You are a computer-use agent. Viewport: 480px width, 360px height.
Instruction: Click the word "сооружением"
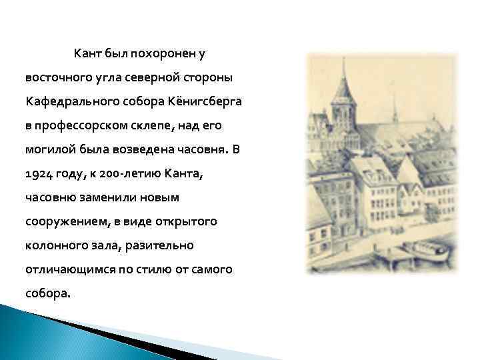[x=63, y=221]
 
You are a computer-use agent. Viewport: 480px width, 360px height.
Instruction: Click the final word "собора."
[x=47, y=294]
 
